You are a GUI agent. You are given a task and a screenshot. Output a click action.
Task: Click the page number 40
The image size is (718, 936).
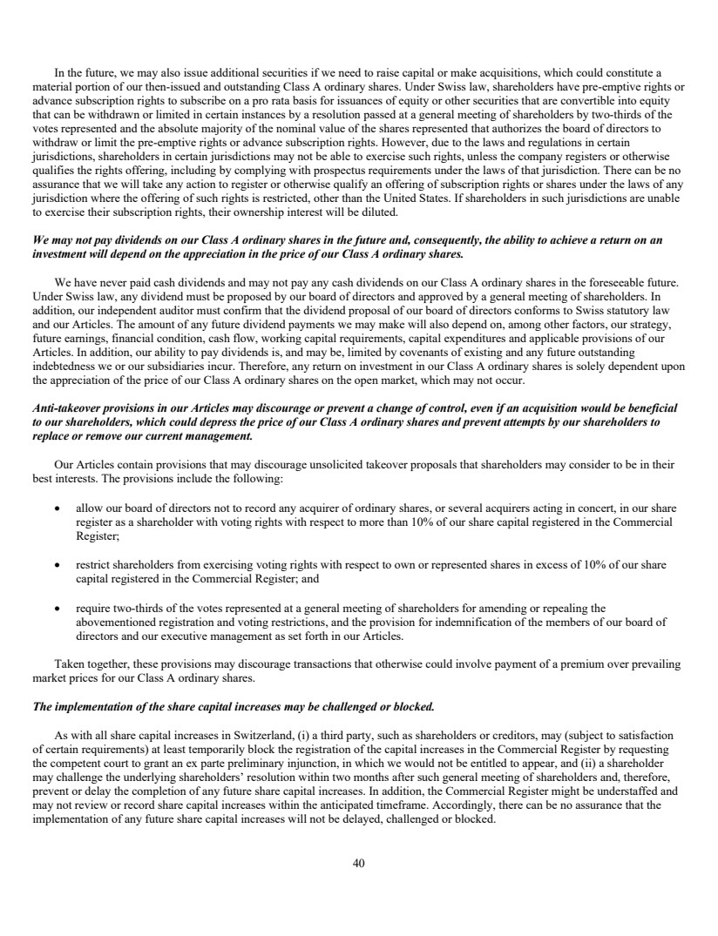click(359, 863)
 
